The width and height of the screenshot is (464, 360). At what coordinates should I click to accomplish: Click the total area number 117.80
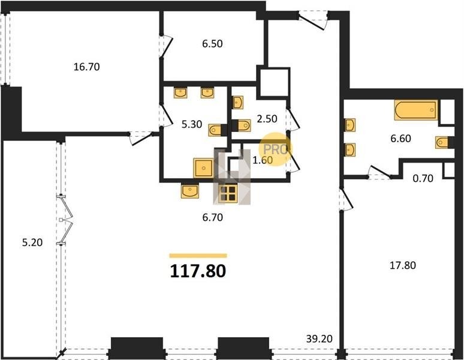tap(198, 271)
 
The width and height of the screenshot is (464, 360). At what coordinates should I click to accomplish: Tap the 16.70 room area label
tap(86, 67)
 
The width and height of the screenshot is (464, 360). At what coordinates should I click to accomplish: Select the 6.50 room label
tap(212, 44)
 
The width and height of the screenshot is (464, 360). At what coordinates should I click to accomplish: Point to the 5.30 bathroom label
tap(192, 124)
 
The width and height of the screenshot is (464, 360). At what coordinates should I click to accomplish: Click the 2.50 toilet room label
tap(267, 119)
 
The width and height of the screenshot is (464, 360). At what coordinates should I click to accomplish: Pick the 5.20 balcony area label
tap(32, 242)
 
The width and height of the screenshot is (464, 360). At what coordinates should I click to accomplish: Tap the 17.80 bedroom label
tap(402, 265)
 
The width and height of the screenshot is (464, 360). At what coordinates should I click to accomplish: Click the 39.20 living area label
tap(320, 338)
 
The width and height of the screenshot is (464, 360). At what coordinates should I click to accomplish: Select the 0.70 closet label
tap(423, 178)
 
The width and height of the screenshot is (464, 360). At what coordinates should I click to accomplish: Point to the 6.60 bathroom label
tap(400, 138)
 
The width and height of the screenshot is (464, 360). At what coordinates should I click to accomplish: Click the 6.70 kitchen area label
tap(212, 218)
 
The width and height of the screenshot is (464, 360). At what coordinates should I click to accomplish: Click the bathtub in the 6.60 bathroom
tap(416, 110)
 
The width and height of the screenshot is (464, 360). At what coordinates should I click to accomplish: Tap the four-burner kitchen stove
tap(228, 194)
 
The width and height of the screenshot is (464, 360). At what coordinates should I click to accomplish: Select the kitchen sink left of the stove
tap(190, 191)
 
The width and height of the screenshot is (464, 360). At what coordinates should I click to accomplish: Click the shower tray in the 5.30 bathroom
tap(204, 168)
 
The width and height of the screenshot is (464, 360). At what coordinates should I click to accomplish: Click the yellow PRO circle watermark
tap(275, 149)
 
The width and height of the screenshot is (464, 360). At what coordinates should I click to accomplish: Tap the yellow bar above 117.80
tap(198, 256)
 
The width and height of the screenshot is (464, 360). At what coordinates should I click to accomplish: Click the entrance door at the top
tap(313, 20)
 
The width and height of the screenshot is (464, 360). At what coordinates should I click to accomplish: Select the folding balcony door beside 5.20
tap(66, 220)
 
